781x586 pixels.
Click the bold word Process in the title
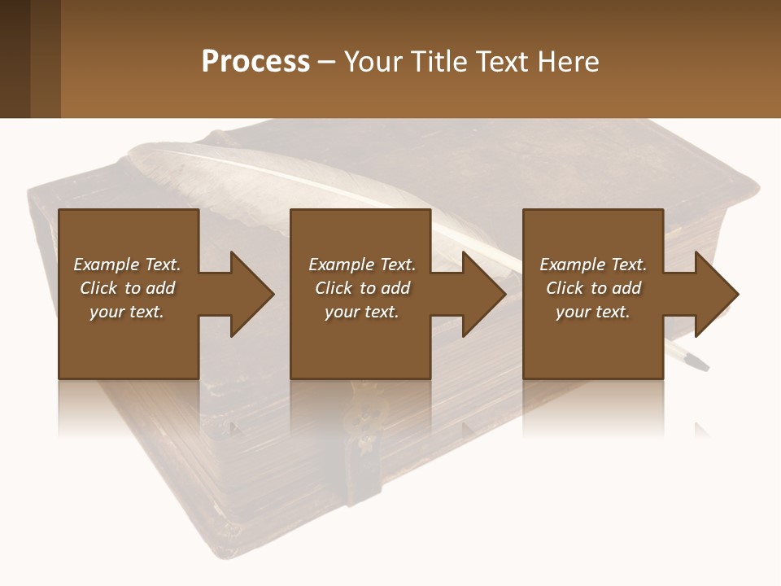tap(255, 62)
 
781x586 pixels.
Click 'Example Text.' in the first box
tap(127, 265)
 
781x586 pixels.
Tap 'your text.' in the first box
tap(127, 312)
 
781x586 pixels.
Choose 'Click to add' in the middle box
tap(362, 288)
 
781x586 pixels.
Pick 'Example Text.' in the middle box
tap(362, 265)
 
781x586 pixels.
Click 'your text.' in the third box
tap(593, 312)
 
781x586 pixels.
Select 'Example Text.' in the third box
tap(593, 265)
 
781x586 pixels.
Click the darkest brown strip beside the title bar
tap(15, 59)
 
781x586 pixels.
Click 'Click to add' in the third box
tap(593, 288)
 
